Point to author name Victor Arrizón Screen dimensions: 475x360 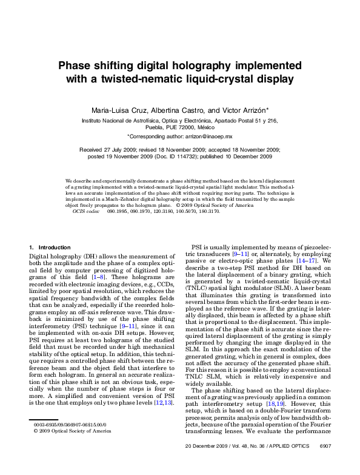[242, 110]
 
